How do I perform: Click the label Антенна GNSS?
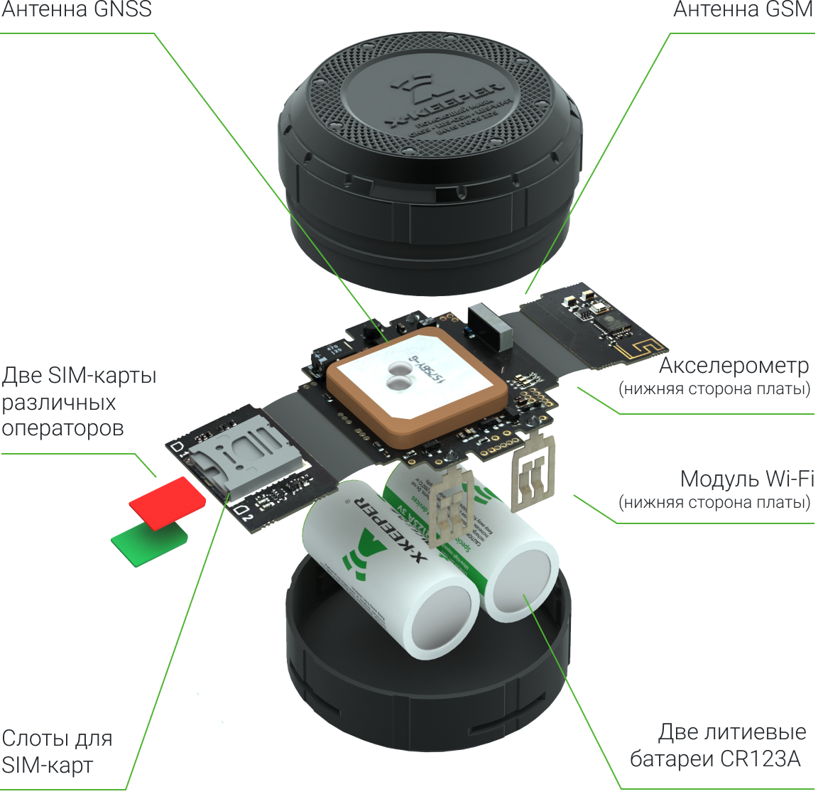pos(77,10)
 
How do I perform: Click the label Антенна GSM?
pos(742,10)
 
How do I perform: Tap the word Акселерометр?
pos(734,366)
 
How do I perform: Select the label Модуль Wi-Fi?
pos(746,479)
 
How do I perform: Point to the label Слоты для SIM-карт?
pos(57,751)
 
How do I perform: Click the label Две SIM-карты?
pos(79,375)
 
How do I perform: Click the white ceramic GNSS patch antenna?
pos(416,383)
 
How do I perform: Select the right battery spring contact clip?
pos(534,473)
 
